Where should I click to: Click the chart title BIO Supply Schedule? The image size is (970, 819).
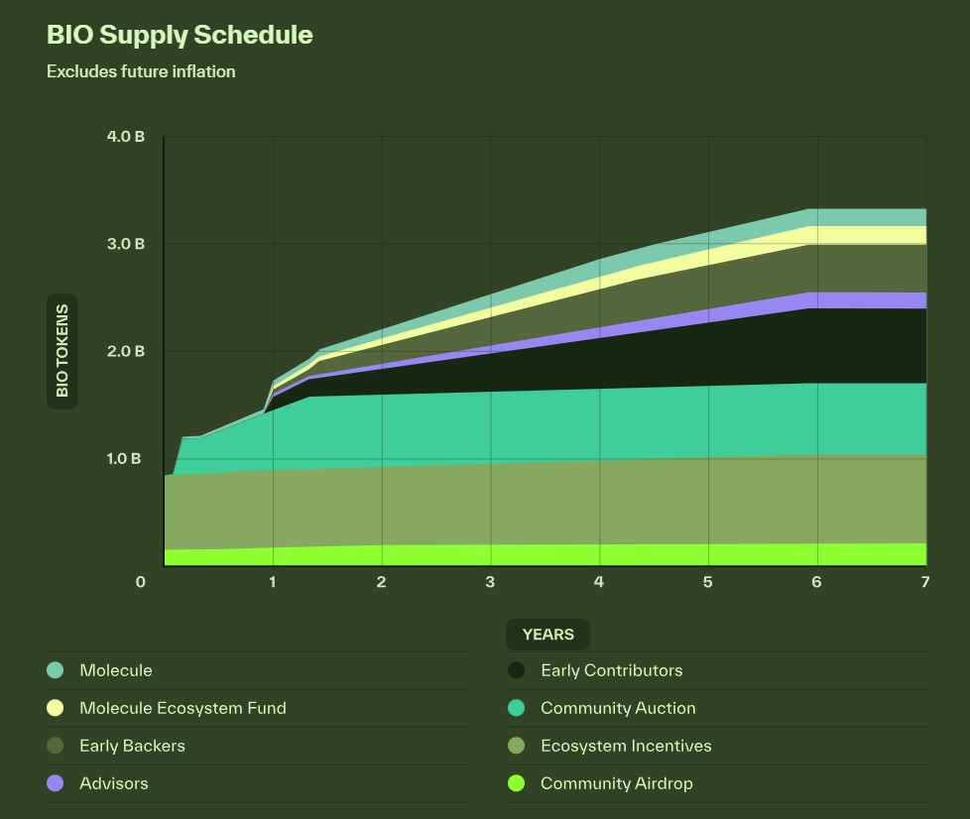[180, 35]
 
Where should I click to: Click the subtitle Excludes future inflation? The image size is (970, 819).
[141, 71]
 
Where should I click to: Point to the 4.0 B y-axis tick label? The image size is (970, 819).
[125, 137]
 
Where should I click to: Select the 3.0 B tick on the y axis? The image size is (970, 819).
[125, 244]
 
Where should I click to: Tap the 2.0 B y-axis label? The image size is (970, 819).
[125, 351]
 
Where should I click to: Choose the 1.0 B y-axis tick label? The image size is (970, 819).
[125, 459]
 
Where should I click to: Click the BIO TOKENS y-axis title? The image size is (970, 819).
[62, 351]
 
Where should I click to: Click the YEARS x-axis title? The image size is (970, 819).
[547, 635]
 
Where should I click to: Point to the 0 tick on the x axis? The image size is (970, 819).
[141, 582]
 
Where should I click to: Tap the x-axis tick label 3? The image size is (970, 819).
[490, 582]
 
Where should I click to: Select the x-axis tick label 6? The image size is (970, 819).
[816, 582]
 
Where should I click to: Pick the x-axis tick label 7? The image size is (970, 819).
[924, 582]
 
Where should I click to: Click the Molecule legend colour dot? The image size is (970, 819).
[56, 670]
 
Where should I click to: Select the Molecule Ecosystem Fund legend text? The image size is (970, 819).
[182, 708]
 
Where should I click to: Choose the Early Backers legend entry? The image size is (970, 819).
[132, 746]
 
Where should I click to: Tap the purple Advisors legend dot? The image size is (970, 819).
[56, 783]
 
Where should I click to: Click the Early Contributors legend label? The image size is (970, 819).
[611, 670]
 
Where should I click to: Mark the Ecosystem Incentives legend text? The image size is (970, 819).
[626, 746]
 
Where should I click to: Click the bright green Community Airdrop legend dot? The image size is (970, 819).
[516, 783]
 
